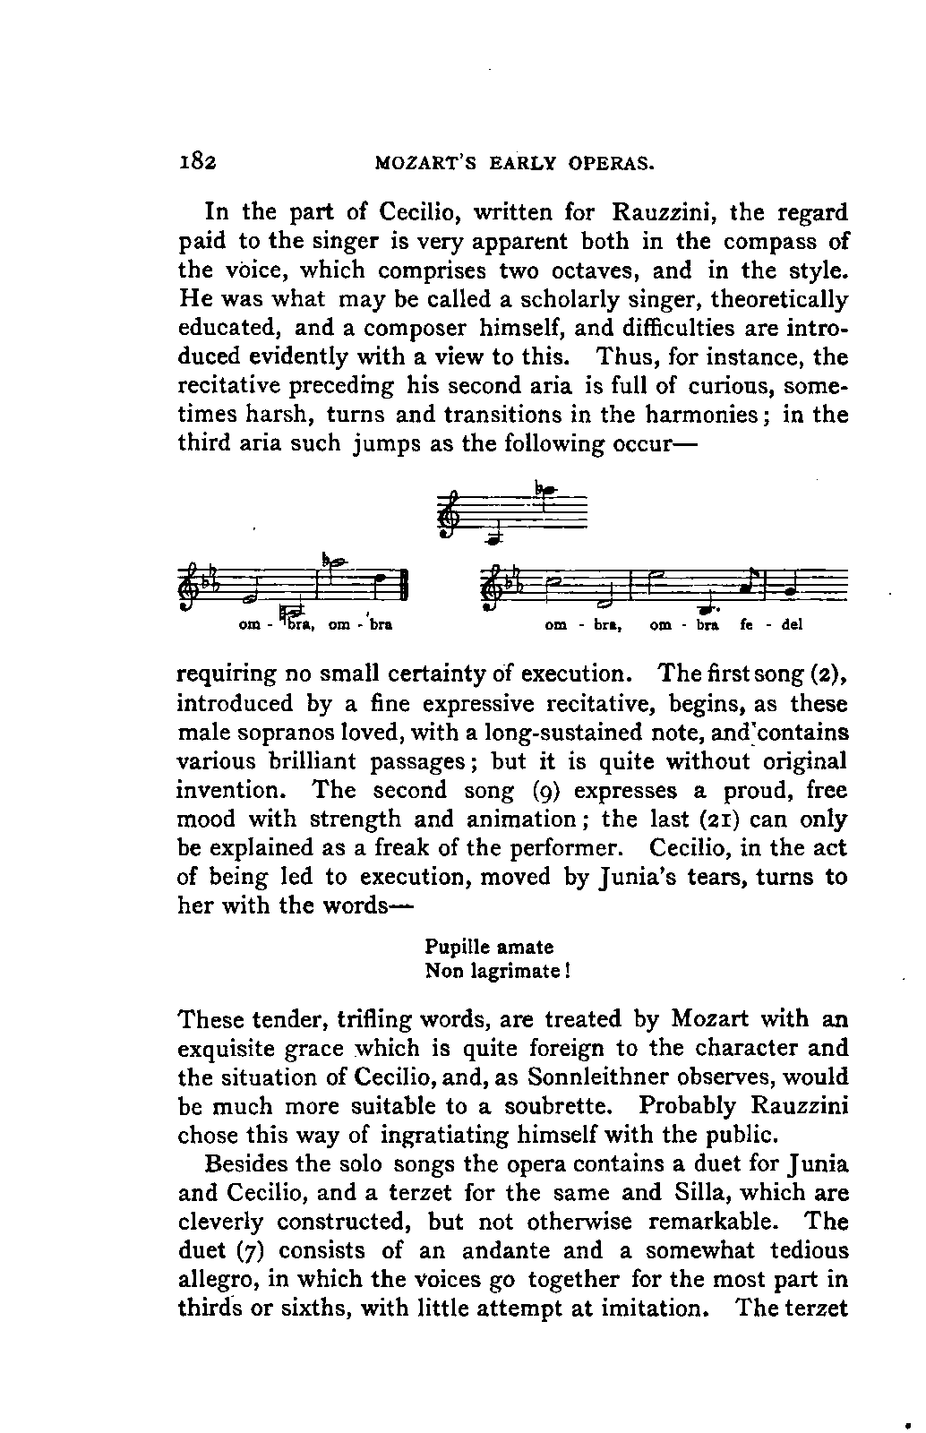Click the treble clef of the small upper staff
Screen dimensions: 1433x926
tap(449, 518)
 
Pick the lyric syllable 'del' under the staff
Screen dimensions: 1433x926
tap(792, 626)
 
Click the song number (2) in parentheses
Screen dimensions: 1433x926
tap(829, 674)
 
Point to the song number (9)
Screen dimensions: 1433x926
tap(542, 791)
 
